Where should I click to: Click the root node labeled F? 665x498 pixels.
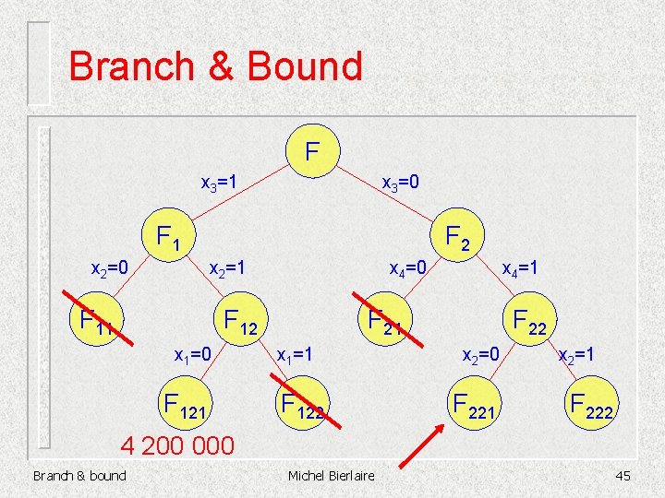pos(313,147)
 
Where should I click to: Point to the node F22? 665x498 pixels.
pos(530,322)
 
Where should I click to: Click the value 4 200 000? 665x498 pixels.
pos(178,445)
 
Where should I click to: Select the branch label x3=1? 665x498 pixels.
pos(219,183)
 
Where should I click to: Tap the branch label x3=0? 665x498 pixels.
pos(401,183)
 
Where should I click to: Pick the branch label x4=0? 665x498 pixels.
pos(407,268)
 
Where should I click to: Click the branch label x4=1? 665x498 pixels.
pos(520,268)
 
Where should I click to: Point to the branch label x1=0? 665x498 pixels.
pos(195,354)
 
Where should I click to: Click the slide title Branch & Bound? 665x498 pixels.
pos(216,66)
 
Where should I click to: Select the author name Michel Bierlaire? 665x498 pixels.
pos(332,475)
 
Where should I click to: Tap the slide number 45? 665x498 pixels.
pos(623,475)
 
